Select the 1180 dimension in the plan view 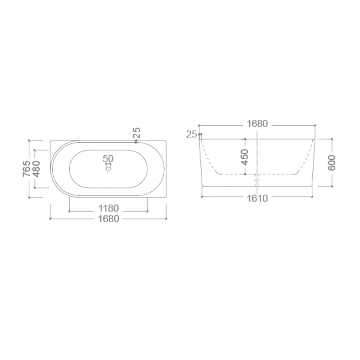[108, 208]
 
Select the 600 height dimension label [332, 162]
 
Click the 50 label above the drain [108, 158]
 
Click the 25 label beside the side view [192, 134]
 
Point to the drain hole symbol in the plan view [108, 169]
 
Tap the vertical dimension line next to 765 [30, 189]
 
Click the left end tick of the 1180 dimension [69, 209]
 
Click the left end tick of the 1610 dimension [202, 197]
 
